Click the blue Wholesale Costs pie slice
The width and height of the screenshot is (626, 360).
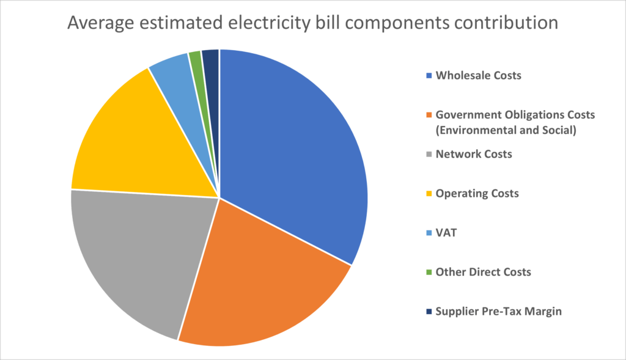coord(293,147)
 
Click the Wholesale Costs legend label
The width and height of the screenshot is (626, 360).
coord(478,76)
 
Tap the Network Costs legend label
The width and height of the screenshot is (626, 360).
coord(474,154)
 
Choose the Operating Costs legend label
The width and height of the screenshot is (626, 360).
coord(477,193)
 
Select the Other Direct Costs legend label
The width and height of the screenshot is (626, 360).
coord(483,271)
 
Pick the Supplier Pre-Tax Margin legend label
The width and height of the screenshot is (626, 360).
coord(498,310)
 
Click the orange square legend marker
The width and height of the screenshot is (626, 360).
coord(430,115)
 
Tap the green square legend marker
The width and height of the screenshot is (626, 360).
coord(430,272)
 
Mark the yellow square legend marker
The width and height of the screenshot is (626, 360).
coord(430,194)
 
